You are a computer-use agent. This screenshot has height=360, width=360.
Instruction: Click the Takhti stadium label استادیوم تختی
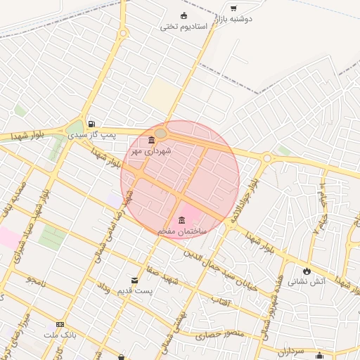tap(184, 27)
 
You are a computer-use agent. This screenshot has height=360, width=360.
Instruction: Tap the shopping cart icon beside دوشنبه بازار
tap(233, 8)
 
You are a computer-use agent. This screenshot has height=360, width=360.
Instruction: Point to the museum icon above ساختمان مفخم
tap(182, 220)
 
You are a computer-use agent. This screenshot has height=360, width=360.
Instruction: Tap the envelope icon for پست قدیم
tap(134, 280)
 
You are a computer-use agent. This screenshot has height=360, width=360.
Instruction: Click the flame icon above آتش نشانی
tap(307, 271)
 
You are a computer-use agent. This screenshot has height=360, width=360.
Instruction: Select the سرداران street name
tap(288, 349)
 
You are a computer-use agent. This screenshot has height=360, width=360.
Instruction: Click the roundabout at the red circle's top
tap(161, 133)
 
